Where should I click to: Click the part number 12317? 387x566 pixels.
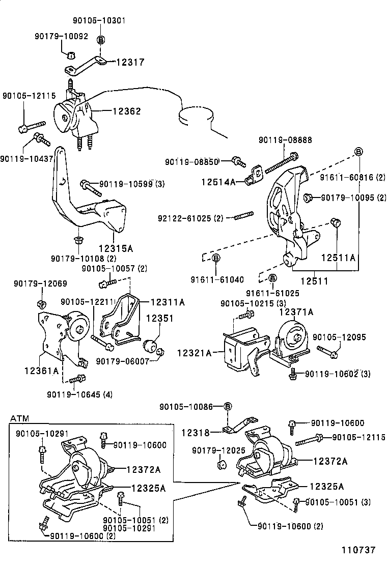[130, 62]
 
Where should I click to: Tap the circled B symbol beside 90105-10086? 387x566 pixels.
[228, 406]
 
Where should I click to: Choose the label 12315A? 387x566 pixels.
[116, 248]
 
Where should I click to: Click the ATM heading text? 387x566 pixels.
[19, 418]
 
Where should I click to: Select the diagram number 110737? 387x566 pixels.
[358, 550]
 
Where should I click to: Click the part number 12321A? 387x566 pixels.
[194, 352]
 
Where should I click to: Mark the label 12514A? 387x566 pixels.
[218, 181]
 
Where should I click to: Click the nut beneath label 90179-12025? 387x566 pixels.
[222, 465]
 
